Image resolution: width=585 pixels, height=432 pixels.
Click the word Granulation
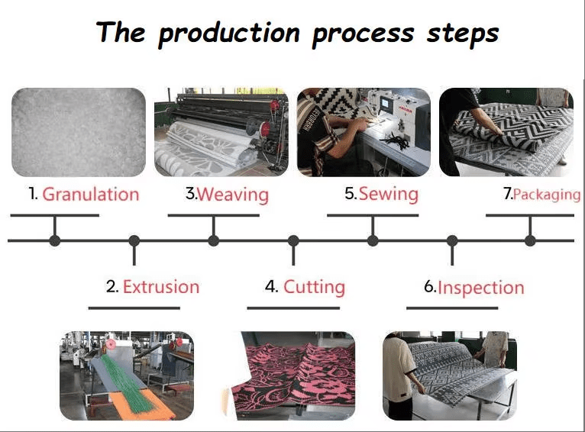point(91,195)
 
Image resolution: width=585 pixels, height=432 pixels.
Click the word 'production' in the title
point(229,34)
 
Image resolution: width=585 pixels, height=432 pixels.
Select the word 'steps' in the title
point(463,34)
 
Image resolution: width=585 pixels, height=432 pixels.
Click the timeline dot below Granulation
point(55,240)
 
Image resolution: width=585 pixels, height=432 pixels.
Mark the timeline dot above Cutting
point(293,240)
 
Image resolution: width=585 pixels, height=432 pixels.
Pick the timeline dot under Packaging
point(530,240)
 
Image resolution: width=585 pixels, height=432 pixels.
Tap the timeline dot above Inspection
point(452,240)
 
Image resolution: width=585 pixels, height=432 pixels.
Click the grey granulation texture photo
point(79,132)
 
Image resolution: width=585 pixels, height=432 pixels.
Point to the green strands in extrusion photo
point(125,380)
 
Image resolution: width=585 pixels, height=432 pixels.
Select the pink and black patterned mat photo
point(292,376)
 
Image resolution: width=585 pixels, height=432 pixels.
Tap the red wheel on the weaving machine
point(265,129)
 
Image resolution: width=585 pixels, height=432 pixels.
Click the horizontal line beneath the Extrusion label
point(134,308)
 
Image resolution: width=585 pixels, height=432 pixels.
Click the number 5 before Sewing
point(351,194)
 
